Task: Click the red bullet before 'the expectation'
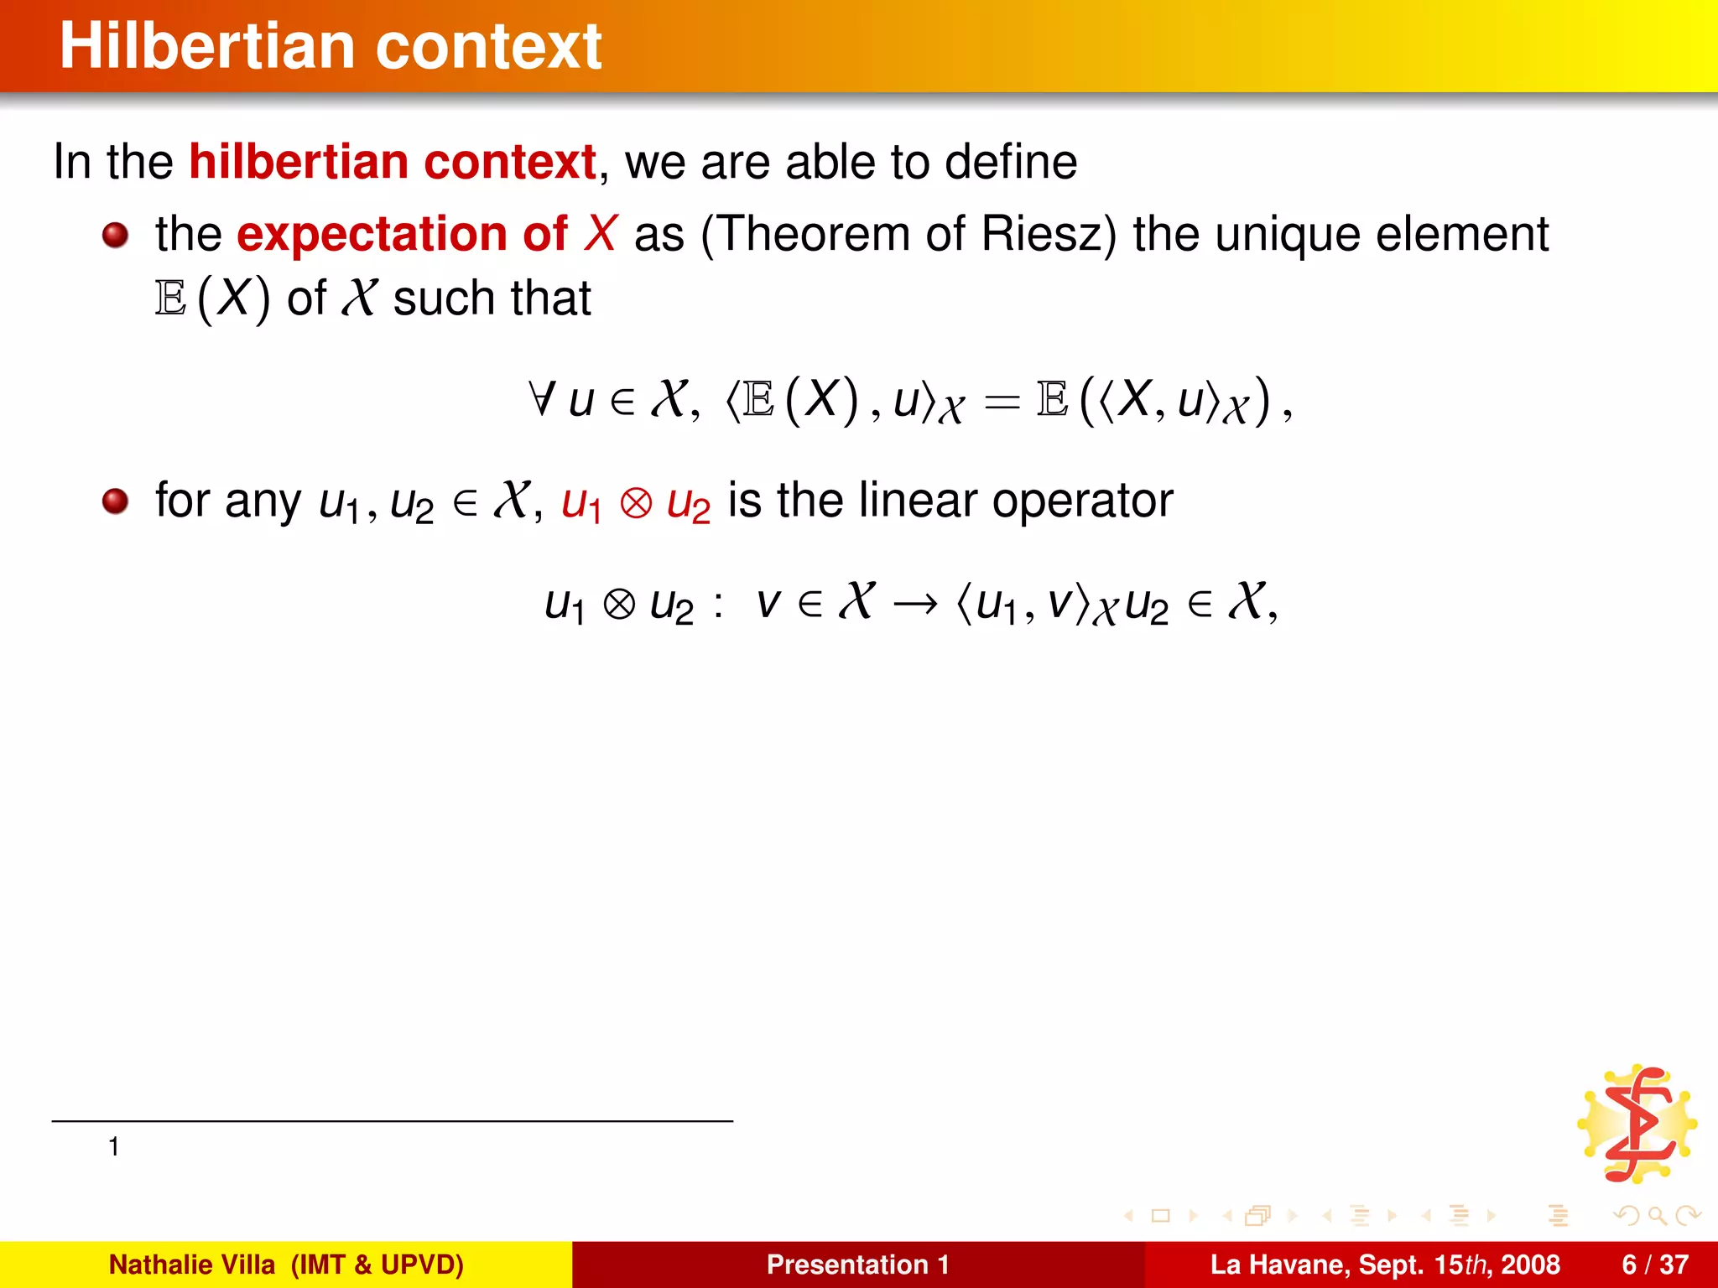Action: point(115,236)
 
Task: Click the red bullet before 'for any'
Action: point(115,502)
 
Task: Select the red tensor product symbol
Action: point(636,504)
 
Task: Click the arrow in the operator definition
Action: point(915,605)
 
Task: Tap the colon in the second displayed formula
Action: point(718,605)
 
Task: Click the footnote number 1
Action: point(114,1146)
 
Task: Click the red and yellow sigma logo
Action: point(1637,1124)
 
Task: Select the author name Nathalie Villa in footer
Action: point(192,1265)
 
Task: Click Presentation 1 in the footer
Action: point(857,1265)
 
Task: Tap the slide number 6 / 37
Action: point(1655,1265)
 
